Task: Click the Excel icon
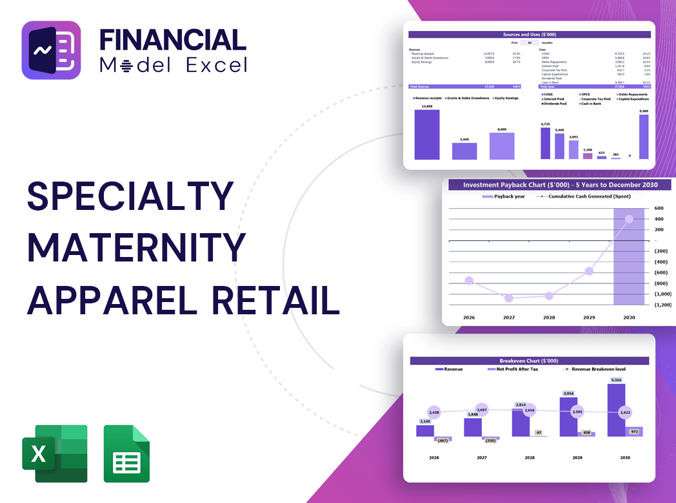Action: click(54, 453)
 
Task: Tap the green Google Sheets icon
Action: click(126, 453)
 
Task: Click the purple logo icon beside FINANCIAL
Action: click(51, 50)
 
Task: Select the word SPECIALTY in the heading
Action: click(130, 196)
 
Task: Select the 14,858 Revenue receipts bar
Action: click(427, 135)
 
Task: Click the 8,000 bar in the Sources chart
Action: click(501, 146)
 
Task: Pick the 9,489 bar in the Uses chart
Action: click(643, 137)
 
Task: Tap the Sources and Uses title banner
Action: click(530, 34)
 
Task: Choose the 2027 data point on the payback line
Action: click(509, 298)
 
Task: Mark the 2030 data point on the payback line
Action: click(629, 219)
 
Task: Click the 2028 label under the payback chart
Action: click(549, 318)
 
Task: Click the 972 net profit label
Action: click(633, 432)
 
